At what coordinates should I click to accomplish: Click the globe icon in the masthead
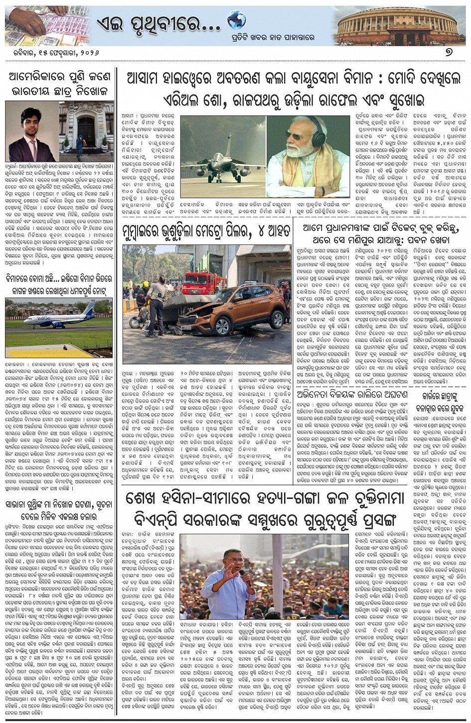coord(237,20)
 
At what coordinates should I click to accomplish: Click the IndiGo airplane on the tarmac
coord(55,320)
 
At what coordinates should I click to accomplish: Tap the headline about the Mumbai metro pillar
coord(205,232)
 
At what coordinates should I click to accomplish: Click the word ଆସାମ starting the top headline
coord(150,79)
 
